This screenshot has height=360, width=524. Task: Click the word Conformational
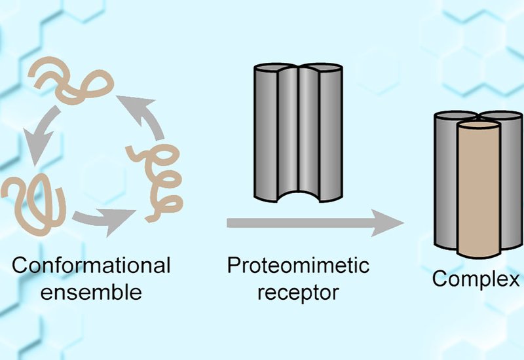91,266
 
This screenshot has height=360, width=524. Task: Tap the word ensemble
91,292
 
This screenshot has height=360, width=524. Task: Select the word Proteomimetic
298,266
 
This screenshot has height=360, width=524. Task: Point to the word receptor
298,292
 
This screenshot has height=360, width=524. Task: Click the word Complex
476,279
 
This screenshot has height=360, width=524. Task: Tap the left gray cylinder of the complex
445,177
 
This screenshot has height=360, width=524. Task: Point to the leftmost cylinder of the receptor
265,131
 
